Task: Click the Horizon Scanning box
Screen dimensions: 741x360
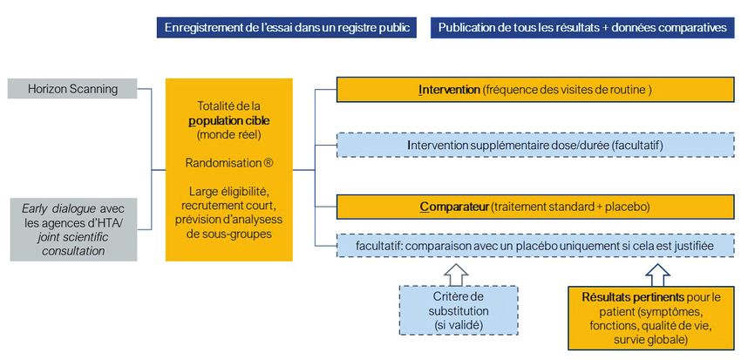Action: [x=72, y=88]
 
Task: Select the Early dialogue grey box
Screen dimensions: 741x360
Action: [x=73, y=229]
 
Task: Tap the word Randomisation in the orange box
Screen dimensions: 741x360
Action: [x=223, y=163]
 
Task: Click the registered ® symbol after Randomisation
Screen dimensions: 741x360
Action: [x=269, y=163]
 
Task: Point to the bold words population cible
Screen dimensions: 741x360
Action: [x=229, y=120]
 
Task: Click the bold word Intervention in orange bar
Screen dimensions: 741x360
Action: [x=449, y=90]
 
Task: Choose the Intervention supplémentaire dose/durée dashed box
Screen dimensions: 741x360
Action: [x=535, y=146]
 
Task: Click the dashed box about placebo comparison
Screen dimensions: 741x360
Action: [x=535, y=246]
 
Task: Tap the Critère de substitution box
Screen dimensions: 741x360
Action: [x=459, y=310]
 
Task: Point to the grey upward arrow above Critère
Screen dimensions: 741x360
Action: [x=456, y=275]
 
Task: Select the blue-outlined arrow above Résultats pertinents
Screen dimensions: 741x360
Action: [x=657, y=275]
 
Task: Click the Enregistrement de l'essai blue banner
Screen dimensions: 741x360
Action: [x=287, y=27]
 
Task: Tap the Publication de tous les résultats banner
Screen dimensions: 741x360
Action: [x=582, y=27]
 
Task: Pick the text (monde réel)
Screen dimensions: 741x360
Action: [x=229, y=134]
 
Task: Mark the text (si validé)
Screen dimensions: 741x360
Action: [x=459, y=324]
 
